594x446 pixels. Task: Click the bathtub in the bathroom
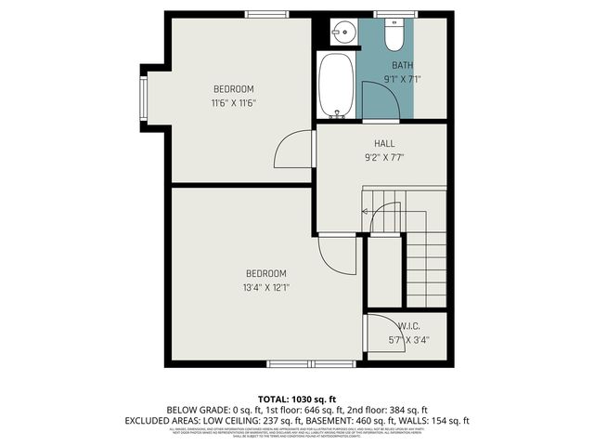335,85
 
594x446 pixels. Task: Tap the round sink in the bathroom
342,30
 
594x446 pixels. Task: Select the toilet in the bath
393,34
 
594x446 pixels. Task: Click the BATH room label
402,65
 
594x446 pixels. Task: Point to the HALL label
384,143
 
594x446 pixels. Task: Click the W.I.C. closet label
410,325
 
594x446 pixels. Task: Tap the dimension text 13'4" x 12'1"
265,286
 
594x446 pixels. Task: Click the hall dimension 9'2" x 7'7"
384,157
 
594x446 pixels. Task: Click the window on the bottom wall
310,362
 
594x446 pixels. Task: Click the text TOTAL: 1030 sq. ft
297,398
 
